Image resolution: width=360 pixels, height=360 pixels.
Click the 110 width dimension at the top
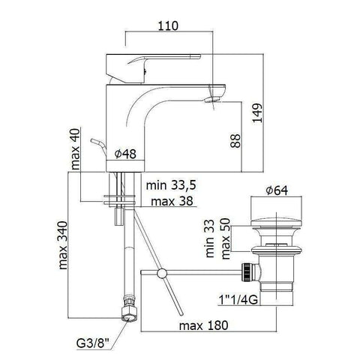169,25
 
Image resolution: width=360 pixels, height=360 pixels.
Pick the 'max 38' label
171,201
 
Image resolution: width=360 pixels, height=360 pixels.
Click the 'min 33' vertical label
209,237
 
